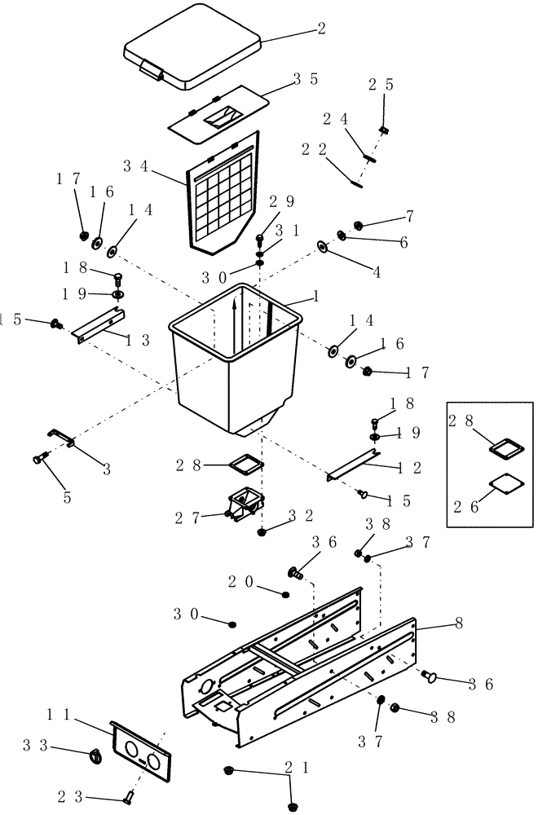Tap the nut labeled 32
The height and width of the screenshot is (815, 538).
[x=262, y=532]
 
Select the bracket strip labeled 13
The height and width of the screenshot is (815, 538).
[x=97, y=325]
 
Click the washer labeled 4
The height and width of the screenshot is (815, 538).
[x=322, y=246]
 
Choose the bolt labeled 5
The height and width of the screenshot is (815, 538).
[x=38, y=458]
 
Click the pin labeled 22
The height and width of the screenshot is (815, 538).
[x=357, y=183]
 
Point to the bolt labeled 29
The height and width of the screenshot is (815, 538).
[x=260, y=240]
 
